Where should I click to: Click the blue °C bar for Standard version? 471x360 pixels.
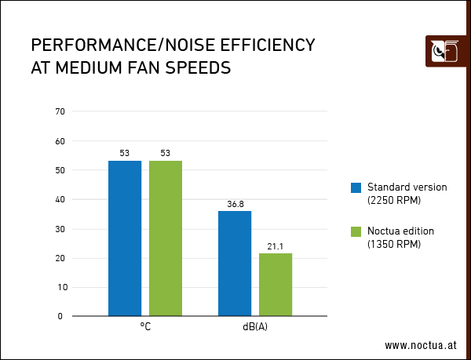coord(125,238)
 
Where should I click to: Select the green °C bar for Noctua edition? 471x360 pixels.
coord(165,238)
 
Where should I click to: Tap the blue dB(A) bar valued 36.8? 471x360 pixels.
coord(235,264)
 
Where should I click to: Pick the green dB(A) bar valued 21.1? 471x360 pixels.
coord(275,285)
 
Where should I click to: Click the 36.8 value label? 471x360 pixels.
coord(235,204)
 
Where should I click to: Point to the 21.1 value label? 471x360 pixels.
coord(275,246)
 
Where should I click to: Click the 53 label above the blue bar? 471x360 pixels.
coord(125,153)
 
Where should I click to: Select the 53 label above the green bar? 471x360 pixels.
coord(165,153)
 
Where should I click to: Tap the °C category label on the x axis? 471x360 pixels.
coord(145,327)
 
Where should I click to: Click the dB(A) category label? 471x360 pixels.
coord(255,327)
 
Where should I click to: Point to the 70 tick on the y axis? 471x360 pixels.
coord(60,111)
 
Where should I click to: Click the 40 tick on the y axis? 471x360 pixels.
coord(60,199)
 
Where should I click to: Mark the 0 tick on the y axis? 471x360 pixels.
coord(62,316)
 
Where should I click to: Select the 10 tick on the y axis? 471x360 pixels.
coord(60,287)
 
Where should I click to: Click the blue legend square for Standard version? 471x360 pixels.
coord(356,187)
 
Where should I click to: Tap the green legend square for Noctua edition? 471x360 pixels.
coord(356,231)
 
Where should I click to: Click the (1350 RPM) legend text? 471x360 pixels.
coord(394,244)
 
